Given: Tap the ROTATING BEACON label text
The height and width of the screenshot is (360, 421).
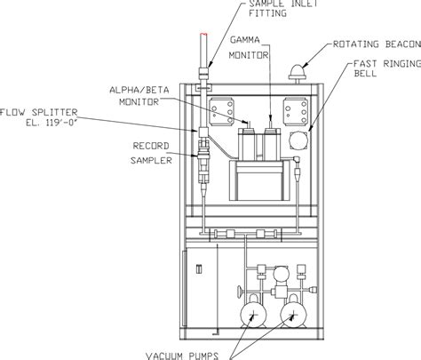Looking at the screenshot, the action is [377, 44].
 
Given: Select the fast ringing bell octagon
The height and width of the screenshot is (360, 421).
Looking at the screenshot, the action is [299, 140].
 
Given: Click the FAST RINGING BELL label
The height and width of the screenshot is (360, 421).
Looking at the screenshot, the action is [387, 68].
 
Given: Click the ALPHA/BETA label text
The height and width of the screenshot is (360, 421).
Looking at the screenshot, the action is [139, 90].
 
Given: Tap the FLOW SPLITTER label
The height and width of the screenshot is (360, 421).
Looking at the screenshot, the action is [39, 112].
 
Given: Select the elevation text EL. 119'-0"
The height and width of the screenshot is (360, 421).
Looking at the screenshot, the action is [52, 123].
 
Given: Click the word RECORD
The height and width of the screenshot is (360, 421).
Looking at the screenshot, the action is [151, 146].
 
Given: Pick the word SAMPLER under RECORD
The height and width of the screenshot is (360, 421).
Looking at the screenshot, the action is [151, 160].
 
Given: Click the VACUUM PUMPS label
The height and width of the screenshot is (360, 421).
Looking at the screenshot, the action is [182, 356].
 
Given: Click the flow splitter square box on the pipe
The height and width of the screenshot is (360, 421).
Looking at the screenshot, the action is [203, 132].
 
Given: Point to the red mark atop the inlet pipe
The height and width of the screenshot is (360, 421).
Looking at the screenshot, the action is [203, 35].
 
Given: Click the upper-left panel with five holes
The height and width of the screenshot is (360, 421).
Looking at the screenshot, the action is [222, 112].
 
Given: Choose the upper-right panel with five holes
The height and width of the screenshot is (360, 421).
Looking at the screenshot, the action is [296, 112].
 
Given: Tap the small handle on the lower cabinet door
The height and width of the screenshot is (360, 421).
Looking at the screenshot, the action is [199, 269].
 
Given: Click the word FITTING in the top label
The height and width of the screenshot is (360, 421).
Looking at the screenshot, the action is [267, 13].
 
